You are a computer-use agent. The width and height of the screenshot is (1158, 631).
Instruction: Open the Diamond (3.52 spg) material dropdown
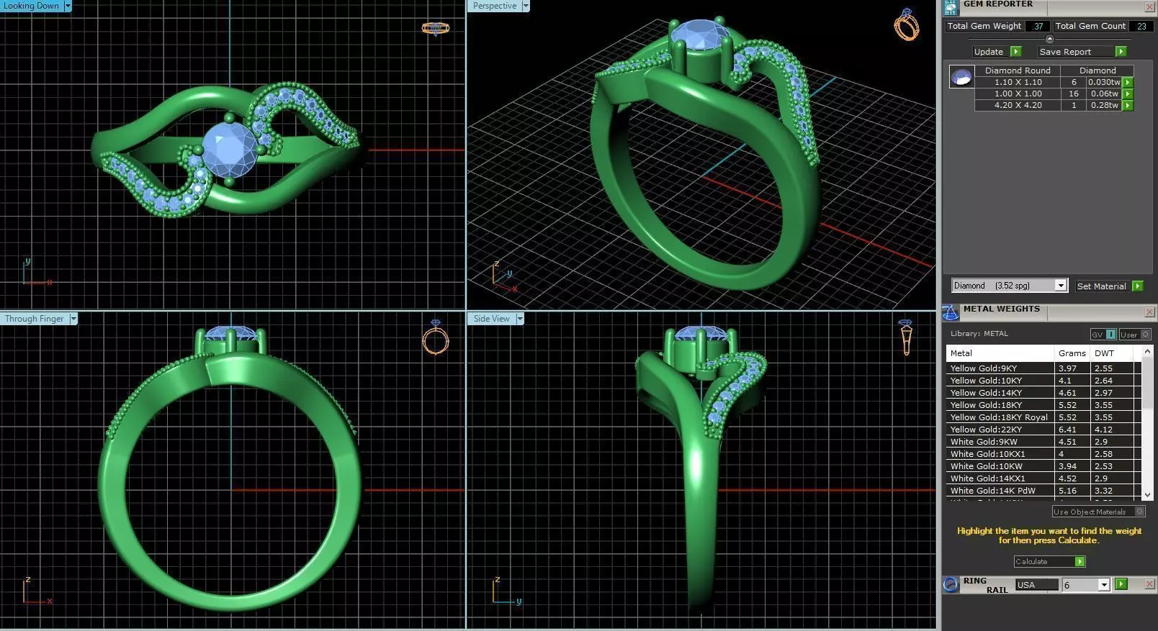[x=1060, y=286]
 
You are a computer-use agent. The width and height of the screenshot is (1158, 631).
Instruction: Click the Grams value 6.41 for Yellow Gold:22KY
[x=1067, y=430]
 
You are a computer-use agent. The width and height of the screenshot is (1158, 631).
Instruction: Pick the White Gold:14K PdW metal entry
[x=992, y=491]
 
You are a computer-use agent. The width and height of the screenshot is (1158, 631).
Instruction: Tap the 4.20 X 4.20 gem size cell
[x=1018, y=105]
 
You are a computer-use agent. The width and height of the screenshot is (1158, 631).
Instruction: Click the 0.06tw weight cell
[x=1103, y=94]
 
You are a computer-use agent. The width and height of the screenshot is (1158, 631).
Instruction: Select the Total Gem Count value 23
[x=1141, y=26]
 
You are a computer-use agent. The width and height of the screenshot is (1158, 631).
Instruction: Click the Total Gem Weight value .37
[x=1037, y=26]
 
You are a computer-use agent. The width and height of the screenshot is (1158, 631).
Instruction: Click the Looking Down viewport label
[x=32, y=6]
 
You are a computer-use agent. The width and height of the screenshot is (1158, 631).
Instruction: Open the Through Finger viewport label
[x=35, y=319]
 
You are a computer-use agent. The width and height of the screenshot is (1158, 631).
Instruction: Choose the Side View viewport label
[x=492, y=319]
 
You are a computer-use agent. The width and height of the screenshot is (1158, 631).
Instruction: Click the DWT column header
[x=1104, y=353]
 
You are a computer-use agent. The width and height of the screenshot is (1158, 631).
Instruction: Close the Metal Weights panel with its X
[x=1149, y=312]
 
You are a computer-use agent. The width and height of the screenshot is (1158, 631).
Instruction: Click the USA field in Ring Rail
[x=1036, y=585]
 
